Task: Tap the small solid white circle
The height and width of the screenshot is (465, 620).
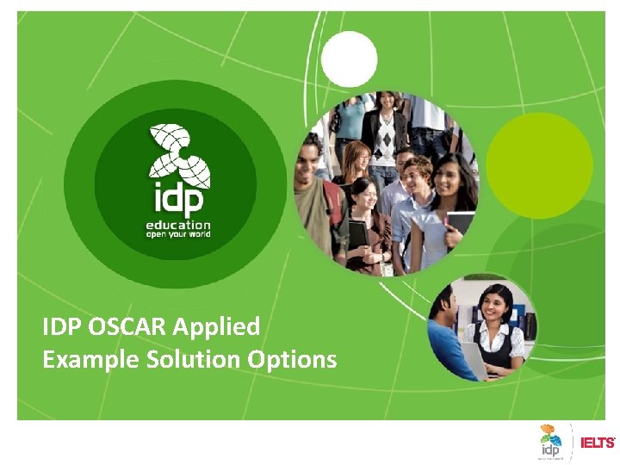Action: coord(350,59)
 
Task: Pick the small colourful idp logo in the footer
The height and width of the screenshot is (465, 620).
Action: coord(550,440)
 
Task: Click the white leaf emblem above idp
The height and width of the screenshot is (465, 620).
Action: coord(178,155)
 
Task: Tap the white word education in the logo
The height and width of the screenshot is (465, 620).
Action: coord(177,224)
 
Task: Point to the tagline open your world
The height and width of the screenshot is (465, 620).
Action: coord(177,234)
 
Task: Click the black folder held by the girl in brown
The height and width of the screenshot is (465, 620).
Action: coord(357,232)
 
